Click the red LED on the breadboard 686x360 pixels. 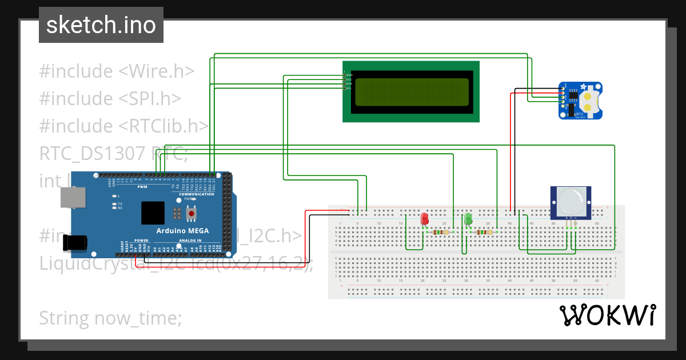coord(425,219)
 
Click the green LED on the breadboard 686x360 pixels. coord(468,219)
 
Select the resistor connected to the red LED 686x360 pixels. coord(440,232)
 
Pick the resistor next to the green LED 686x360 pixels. coord(484,232)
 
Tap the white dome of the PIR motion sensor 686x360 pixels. coord(570,201)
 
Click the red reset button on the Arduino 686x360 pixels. coord(191,214)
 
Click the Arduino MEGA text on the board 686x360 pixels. coord(182,231)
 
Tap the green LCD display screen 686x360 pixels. coord(410,92)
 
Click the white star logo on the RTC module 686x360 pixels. coord(584,87)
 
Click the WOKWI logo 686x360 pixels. coord(608,315)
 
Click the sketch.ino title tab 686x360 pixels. coord(101,25)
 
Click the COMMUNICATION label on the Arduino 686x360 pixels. coord(196,194)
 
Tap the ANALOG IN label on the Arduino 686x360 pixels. coord(190,241)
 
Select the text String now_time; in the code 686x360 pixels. coord(110,318)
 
